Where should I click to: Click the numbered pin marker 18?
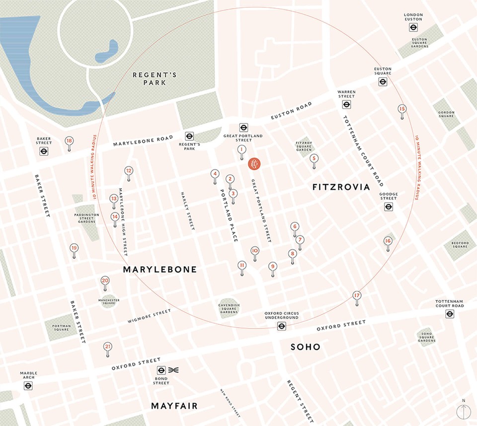[x=69, y=142]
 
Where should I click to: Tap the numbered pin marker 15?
[x=402, y=109]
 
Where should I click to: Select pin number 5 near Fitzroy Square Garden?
[x=314, y=159]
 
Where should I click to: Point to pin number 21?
[x=107, y=347]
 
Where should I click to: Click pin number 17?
[x=356, y=296]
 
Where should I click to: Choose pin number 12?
[x=129, y=171]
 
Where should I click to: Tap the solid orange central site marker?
[x=253, y=164]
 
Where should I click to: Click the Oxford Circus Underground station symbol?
[x=282, y=326]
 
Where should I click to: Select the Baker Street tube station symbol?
[x=44, y=152]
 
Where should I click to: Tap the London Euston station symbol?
[x=413, y=28]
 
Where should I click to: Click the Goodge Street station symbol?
[x=389, y=207]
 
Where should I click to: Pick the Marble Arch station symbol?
[x=28, y=385]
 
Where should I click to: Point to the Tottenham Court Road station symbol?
[x=450, y=314]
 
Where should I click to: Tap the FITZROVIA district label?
[x=341, y=187]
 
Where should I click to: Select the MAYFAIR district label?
[x=174, y=406]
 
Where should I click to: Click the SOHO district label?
[x=305, y=347]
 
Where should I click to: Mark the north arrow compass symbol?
[x=463, y=412]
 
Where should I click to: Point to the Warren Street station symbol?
[x=346, y=105]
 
